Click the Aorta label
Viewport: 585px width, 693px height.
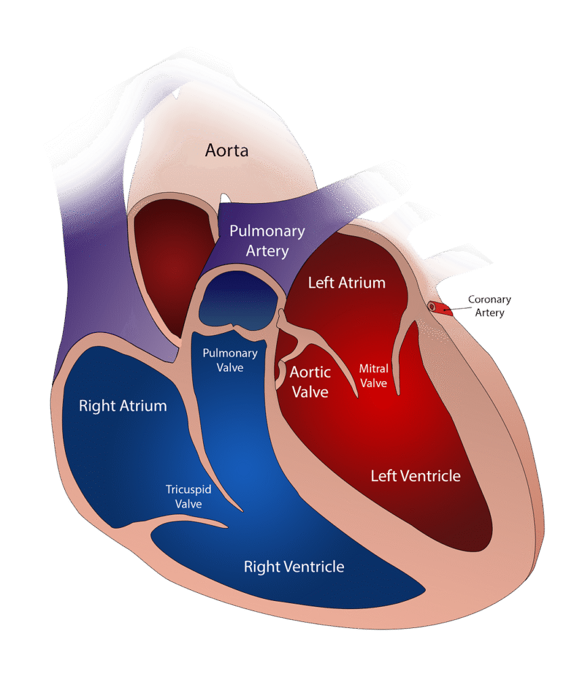pos(227,150)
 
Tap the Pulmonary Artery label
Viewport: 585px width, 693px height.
pos(267,241)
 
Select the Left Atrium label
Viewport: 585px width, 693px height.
pos(347,282)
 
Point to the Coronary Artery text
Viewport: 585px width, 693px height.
pos(490,306)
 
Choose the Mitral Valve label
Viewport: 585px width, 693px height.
pos(374,376)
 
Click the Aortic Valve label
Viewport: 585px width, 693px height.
pos(310,382)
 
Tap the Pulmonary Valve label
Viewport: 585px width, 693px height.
pos(230,360)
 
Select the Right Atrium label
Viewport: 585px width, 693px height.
pos(123,406)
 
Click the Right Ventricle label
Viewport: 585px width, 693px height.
pos(294,566)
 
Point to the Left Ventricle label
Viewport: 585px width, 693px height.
pos(415,476)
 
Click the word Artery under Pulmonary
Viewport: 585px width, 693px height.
pos(267,251)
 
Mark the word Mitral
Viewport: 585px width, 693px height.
pos(374,369)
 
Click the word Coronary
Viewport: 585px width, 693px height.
pos(490,299)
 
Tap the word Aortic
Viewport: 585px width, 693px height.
pos(310,372)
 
